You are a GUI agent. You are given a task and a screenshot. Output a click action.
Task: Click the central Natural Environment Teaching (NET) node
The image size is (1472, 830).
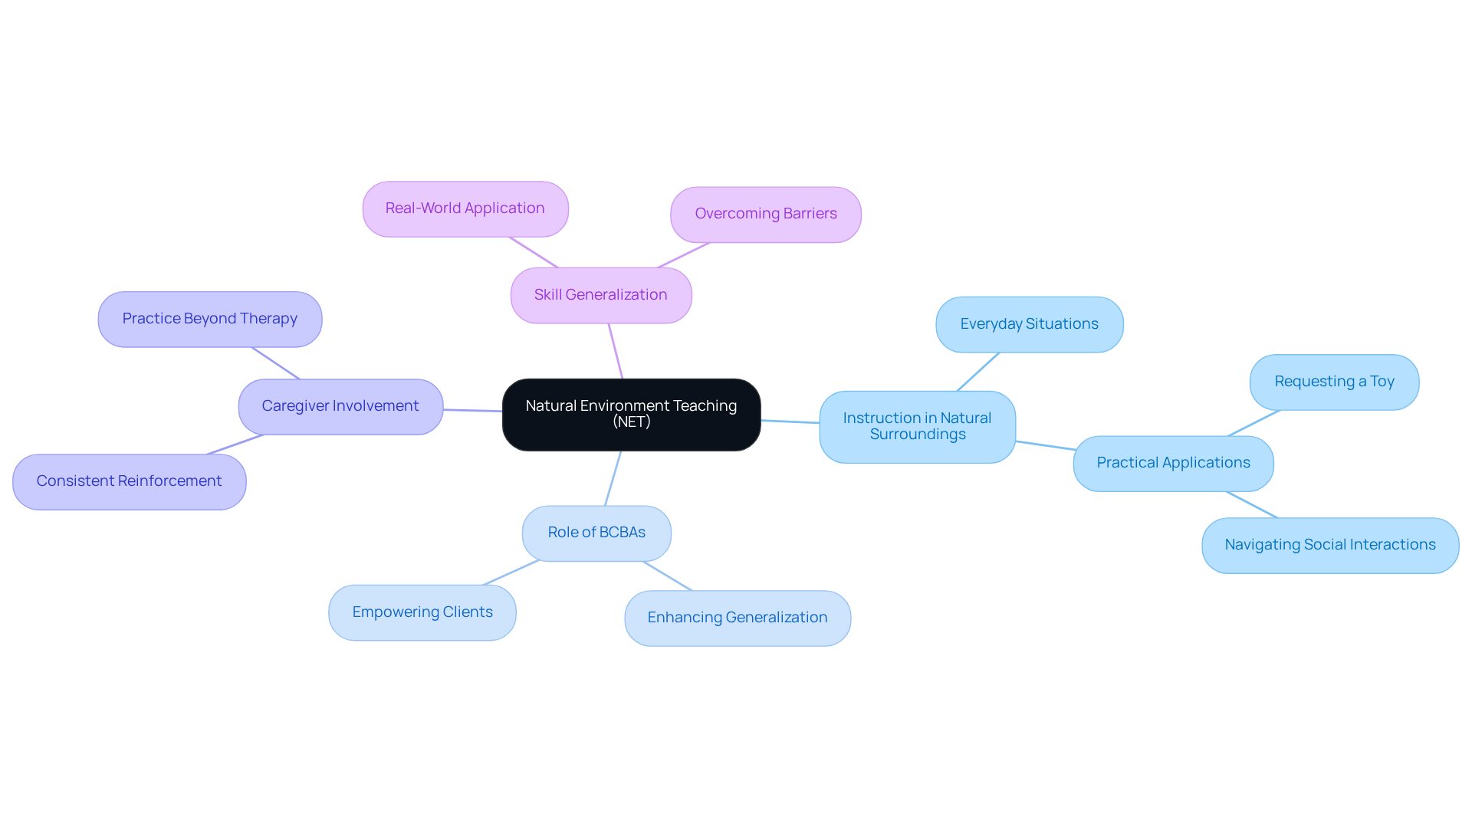pyautogui.click(x=631, y=415)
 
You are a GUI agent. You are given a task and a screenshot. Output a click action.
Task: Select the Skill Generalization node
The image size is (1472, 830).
pyautogui.click(x=601, y=295)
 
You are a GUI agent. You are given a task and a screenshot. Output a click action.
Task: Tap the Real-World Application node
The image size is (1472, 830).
pyautogui.click(x=465, y=208)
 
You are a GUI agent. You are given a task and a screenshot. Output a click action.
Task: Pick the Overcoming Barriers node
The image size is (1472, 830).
pyautogui.click(x=765, y=215)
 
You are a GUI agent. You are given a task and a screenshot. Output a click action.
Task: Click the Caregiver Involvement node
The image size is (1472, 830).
pyautogui.click(x=340, y=406)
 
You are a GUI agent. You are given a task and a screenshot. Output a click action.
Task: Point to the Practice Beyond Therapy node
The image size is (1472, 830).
pyautogui.click(x=209, y=319)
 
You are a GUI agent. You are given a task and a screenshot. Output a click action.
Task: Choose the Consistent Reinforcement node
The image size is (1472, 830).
pyautogui.click(x=129, y=481)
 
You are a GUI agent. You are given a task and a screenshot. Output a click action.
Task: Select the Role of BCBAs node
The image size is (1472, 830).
pyautogui.click(x=596, y=533)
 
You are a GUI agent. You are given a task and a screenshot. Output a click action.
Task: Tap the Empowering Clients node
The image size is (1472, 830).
pyautogui.click(x=422, y=612)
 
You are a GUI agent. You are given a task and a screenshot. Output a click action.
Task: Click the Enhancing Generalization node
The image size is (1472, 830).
pyautogui.click(x=738, y=618)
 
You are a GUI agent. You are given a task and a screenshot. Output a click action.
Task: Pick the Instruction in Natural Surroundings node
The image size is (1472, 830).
pyautogui.click(x=917, y=426)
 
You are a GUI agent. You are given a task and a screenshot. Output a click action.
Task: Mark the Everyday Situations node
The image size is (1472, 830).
pyautogui.click(x=1029, y=324)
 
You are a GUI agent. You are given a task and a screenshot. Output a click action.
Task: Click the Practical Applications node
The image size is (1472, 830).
pyautogui.click(x=1173, y=463)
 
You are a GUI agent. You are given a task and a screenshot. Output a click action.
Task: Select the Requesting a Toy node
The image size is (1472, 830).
pyautogui.click(x=1334, y=382)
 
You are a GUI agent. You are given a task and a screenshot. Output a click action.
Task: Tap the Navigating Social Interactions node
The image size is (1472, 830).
pyautogui.click(x=1330, y=545)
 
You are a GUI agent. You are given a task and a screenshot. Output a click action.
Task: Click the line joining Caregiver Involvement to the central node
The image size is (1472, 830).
pyautogui.click(x=472, y=410)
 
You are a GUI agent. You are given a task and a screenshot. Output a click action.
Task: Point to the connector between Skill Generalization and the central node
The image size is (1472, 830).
pyautogui.click(x=616, y=351)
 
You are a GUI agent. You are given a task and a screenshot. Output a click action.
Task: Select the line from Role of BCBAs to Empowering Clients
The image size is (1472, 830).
pyautogui.click(x=511, y=572)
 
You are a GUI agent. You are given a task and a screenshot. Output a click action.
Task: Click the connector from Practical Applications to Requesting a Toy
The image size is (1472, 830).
pyautogui.click(x=1253, y=423)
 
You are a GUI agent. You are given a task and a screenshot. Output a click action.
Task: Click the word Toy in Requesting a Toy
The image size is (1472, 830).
pyautogui.click(x=1382, y=382)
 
